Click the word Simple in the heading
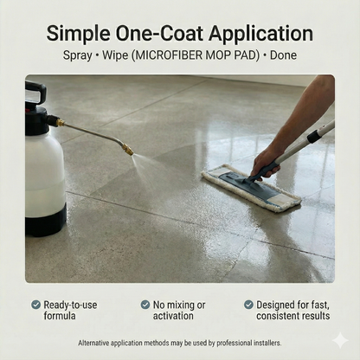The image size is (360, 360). pos(78,35)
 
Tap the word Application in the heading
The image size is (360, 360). pos(260,35)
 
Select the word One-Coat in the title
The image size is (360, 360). pos(159,33)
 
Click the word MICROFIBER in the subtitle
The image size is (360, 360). pos(168,55)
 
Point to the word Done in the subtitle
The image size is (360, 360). pos(283,55)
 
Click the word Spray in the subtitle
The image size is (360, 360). pos(78,55)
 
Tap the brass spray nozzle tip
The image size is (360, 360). pos(127,150)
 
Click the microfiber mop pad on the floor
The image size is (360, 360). pos(251,187)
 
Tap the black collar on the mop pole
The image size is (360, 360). pos(314,136)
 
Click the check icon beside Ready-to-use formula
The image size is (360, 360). pos(35,305)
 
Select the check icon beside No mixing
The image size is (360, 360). pos(145,305)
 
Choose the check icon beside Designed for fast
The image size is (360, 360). pos(248,305)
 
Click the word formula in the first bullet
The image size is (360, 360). pos(60,316)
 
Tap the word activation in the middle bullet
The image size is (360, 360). pos(173,316)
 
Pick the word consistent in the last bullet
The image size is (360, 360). pos(279,316)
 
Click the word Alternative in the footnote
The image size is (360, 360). pos(93,343)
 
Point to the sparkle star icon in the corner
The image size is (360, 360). pos(340,340)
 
